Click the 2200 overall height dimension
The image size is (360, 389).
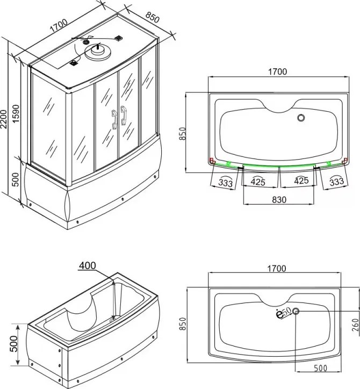[3, 119]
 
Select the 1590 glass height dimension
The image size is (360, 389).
[16, 113]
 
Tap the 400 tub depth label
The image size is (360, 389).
[88, 265]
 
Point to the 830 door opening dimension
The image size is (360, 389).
[279, 200]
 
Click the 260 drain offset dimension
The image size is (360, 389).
[356, 325]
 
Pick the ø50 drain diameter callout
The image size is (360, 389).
[284, 313]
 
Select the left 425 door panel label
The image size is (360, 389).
[258, 182]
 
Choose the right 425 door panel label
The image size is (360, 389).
[301, 181]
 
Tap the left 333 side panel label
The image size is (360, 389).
[226, 182]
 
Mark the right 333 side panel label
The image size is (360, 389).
[337, 182]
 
